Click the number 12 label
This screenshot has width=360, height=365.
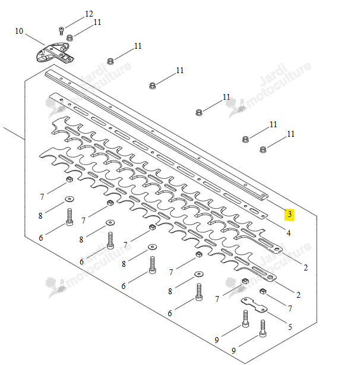89,14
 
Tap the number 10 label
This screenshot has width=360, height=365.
19,31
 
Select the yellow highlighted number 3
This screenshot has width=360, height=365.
289,214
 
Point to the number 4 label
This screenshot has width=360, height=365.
288,233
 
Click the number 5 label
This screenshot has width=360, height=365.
290,327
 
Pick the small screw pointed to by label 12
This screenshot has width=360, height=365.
61,31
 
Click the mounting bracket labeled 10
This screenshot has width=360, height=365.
55,52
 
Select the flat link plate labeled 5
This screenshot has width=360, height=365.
254,304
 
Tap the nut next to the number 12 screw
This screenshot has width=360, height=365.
70,37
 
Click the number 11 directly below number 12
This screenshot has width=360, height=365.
97,23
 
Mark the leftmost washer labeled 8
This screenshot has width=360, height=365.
70,199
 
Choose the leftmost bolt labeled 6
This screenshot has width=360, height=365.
70,217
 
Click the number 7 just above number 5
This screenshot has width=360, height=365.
290,309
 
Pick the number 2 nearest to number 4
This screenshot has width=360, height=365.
305,268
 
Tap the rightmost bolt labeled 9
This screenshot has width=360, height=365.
263,328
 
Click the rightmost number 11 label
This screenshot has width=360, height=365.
290,134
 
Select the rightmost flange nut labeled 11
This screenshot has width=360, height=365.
263,149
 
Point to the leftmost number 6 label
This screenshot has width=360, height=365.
41,238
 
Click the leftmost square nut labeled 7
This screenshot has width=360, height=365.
70,180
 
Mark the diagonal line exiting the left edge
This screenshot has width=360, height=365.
14,133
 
